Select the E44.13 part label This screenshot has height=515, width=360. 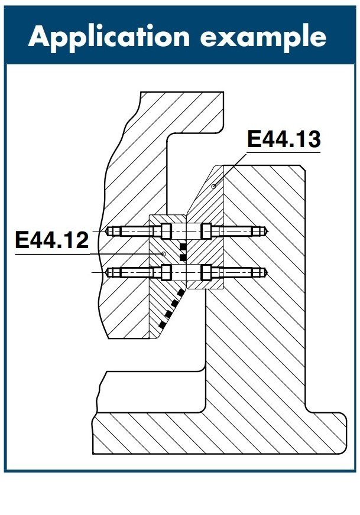click(x=284, y=139)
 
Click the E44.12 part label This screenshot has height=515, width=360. click(x=52, y=240)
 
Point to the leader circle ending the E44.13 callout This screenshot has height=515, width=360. click(x=213, y=187)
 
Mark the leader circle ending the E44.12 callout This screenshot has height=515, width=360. click(x=163, y=254)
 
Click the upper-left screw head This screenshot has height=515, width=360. click(x=166, y=231)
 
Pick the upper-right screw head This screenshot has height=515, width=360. click(x=206, y=231)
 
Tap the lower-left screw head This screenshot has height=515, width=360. click(x=166, y=272)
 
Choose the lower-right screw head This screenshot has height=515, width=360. click(x=206, y=272)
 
